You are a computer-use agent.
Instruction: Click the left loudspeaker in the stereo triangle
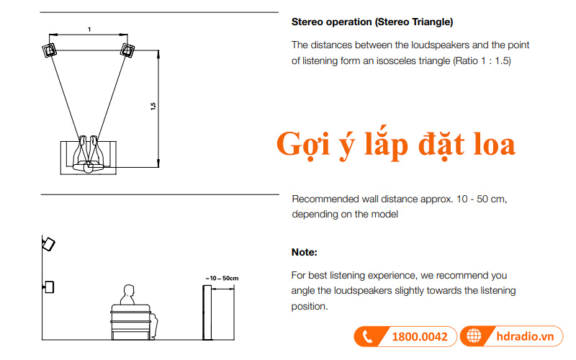pos(50,50)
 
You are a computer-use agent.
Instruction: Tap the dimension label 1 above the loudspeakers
pos(89,30)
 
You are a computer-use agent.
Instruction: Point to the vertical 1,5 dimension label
pos(153,107)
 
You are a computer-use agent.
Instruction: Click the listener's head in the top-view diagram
pos(89,166)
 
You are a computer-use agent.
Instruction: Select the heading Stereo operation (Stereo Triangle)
pos(372,22)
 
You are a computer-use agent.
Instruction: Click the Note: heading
pos(304,252)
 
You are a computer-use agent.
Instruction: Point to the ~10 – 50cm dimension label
pos(221,277)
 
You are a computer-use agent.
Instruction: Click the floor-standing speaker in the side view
pos(206,313)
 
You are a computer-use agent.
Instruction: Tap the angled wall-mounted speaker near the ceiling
pos(48,244)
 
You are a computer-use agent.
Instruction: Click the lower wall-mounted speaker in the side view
pos(49,287)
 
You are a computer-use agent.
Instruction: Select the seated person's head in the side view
pos(129,292)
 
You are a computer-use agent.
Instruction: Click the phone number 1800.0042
pos(420,336)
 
